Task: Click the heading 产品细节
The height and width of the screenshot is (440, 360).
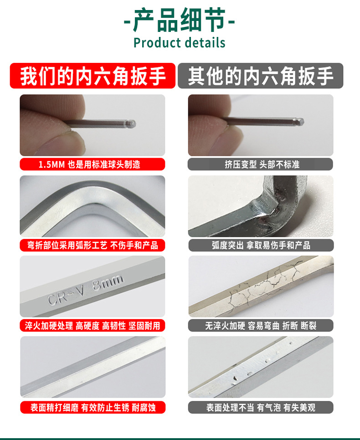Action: pos(180,20)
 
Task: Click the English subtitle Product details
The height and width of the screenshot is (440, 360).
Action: pos(180,43)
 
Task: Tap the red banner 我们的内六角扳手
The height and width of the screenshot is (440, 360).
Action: pos(93,76)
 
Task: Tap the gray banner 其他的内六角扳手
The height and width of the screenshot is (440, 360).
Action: pos(261,76)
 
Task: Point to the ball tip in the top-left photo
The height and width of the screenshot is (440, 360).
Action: pos(131,124)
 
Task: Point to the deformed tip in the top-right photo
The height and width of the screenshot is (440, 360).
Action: pos(300,121)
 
